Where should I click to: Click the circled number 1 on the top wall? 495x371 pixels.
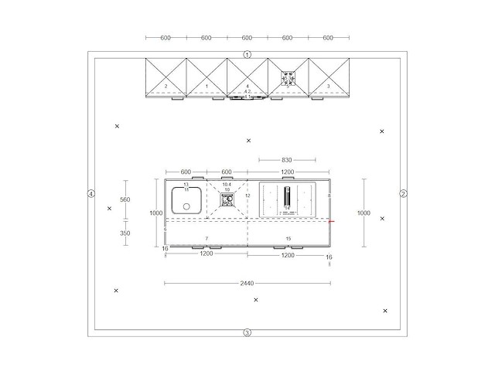point(247,54)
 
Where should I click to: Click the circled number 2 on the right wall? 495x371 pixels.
point(403,193)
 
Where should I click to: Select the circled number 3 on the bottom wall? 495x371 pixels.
point(247,332)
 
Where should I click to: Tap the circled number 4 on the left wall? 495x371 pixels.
point(91,193)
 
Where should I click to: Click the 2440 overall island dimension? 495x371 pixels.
point(247,284)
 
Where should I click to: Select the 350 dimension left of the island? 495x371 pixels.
point(125,233)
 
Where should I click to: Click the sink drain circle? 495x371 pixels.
point(186,206)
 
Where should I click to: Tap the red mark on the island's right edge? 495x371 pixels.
point(331,221)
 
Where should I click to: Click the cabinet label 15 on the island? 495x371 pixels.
point(288,238)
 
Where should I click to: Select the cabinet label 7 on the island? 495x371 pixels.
point(207,238)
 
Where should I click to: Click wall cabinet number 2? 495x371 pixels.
point(166,86)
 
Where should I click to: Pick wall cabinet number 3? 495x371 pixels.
point(329,86)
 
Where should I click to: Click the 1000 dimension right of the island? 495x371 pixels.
point(363,213)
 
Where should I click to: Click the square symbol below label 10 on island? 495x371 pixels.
point(227,199)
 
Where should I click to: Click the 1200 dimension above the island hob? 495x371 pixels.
point(288,172)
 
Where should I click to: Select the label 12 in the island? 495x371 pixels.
point(247,196)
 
